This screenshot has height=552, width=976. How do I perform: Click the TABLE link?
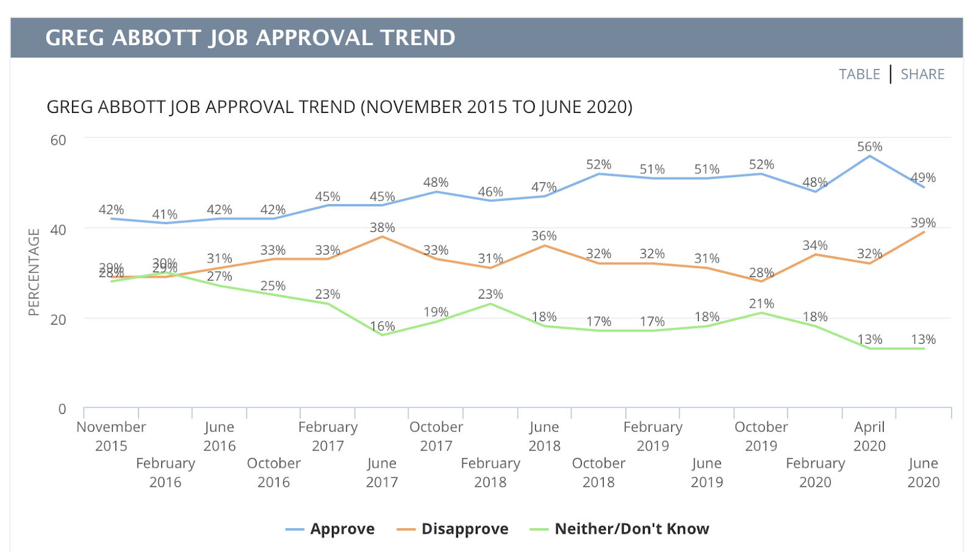[x=859, y=74]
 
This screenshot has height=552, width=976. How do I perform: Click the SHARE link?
[x=922, y=74]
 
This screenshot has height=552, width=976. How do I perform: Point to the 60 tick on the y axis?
[x=59, y=140]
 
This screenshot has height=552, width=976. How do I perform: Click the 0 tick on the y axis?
[x=62, y=409]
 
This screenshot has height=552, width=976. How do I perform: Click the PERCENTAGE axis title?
[x=34, y=272]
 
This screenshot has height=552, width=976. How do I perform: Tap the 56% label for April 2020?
[x=869, y=147]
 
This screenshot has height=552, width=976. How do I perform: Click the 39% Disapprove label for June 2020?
[x=923, y=223]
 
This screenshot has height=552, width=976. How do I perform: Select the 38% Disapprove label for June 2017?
[x=382, y=228]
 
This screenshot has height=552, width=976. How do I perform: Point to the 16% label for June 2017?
[x=382, y=326]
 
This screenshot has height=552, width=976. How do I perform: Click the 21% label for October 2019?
[x=761, y=303]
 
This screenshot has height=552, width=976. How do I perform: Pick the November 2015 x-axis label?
[x=111, y=436]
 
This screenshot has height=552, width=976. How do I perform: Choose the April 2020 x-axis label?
[x=869, y=436]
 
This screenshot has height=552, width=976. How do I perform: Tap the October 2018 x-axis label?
[x=598, y=472]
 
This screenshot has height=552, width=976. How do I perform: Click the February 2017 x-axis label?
[x=328, y=436]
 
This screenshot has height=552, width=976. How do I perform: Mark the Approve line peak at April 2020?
[x=869, y=156]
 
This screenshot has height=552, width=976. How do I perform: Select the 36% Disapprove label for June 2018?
[x=544, y=236]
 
